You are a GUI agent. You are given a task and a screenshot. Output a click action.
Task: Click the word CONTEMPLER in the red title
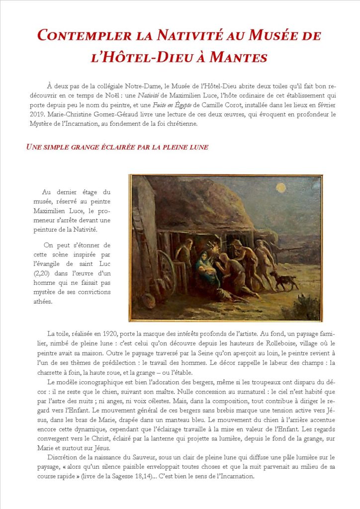point(80,36)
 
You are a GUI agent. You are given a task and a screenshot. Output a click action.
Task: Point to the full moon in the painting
point(281,188)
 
